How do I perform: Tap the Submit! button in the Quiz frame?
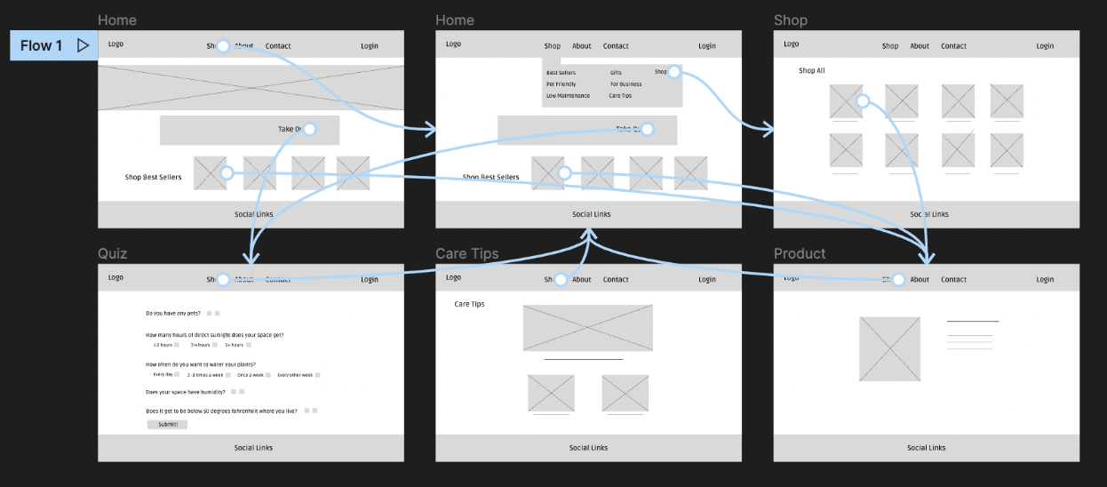[x=167, y=425]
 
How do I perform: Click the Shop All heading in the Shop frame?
[x=811, y=71]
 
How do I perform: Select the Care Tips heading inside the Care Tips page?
[x=469, y=304]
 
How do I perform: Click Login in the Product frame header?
[x=1044, y=280]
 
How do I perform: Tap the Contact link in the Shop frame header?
[x=953, y=46]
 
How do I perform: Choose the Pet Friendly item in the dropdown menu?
[x=561, y=84]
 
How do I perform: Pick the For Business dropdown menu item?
[x=625, y=84]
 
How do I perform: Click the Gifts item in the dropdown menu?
[x=616, y=73]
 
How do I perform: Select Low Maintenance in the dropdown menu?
[x=568, y=96]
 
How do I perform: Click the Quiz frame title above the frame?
[x=112, y=254]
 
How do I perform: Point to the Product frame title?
[x=799, y=254]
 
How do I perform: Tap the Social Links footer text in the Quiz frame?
[x=253, y=448]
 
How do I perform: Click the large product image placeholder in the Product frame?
[x=889, y=348]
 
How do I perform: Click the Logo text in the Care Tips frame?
[x=453, y=278]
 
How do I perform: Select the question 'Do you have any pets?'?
[x=174, y=314]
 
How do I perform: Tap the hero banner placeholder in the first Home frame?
[x=251, y=87]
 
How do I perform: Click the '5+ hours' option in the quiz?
[x=234, y=345]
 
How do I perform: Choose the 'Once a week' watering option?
[x=250, y=375]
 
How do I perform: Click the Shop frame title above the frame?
[x=790, y=20]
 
